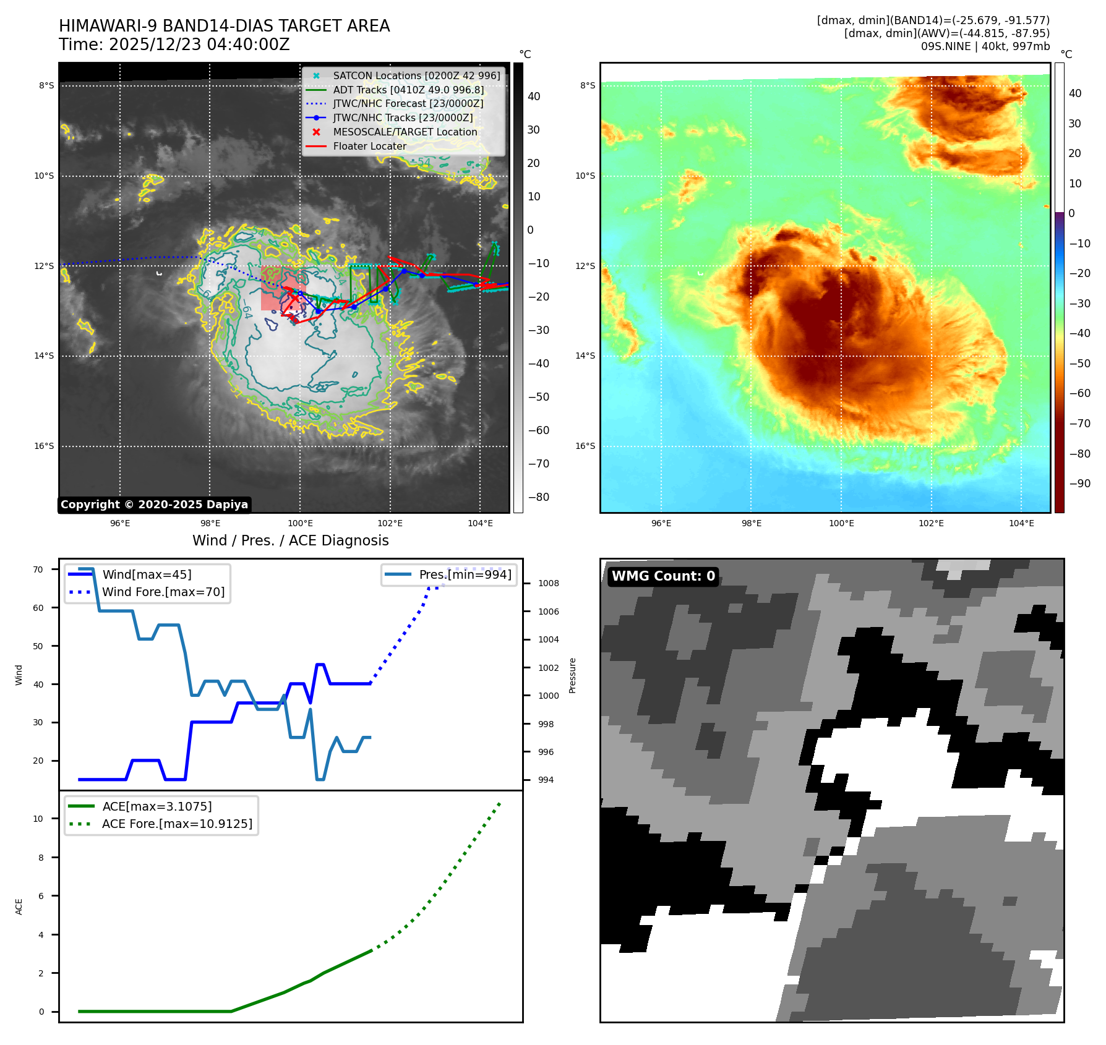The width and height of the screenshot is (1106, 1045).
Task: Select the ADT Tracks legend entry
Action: pyautogui.click(x=408, y=90)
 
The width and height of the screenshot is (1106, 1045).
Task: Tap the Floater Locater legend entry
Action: pyautogui.click(x=369, y=146)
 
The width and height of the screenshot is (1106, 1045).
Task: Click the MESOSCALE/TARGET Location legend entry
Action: pyautogui.click(x=405, y=132)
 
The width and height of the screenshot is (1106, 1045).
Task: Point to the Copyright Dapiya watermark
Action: pyautogui.click(x=154, y=505)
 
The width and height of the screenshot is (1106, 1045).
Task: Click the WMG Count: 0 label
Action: pyautogui.click(x=663, y=576)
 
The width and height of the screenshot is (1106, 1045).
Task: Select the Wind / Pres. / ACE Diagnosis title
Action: pyautogui.click(x=291, y=540)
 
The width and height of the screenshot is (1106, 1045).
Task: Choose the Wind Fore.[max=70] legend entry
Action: pyautogui.click(x=163, y=592)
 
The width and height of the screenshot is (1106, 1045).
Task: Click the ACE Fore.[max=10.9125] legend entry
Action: pyautogui.click(x=177, y=824)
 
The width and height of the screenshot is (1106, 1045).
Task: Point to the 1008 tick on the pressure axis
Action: pyautogui.click(x=548, y=583)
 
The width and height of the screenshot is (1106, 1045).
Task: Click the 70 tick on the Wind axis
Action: pyautogui.click(x=38, y=569)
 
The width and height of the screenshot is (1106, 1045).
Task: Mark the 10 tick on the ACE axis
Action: pyautogui.click(x=38, y=819)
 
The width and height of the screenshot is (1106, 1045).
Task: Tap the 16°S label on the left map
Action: pyautogui.click(x=44, y=446)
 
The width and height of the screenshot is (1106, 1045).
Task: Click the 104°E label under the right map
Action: pyautogui.click(x=1021, y=523)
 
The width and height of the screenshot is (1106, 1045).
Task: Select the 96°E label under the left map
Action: pyautogui.click(x=120, y=523)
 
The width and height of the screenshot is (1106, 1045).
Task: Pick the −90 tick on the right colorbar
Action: pyautogui.click(x=1080, y=484)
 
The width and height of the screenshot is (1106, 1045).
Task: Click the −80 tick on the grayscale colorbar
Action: pyautogui.click(x=538, y=497)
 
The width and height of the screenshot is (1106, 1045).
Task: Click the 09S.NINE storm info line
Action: pyautogui.click(x=985, y=46)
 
